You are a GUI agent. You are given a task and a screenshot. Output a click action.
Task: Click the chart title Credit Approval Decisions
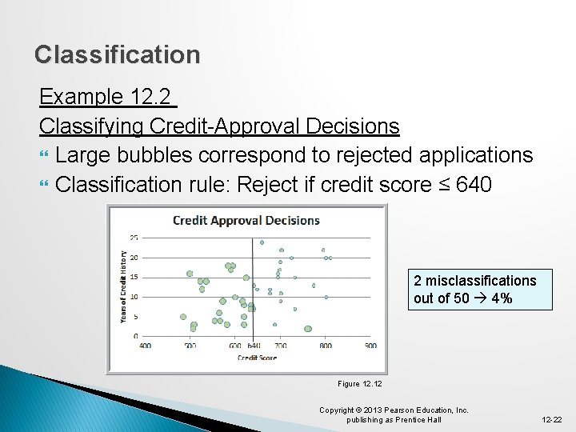pyautogui.click(x=246, y=221)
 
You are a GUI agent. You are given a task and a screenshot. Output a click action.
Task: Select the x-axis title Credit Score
pyautogui.click(x=257, y=358)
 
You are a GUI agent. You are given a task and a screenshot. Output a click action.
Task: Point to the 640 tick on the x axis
pyautogui.click(x=254, y=346)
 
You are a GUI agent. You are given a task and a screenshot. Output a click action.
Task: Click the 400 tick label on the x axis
pyautogui.click(x=145, y=346)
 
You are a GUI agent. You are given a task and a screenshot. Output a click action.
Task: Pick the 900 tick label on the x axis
pyautogui.click(x=370, y=346)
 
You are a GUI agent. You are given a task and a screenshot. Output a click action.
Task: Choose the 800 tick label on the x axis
pyautogui.click(x=326, y=346)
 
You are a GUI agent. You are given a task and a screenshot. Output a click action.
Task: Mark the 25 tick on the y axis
pyautogui.click(x=134, y=238)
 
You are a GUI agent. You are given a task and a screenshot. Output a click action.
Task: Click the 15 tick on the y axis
pyautogui.click(x=134, y=277)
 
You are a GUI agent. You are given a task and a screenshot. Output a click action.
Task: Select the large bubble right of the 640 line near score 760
pyautogui.click(x=308, y=329)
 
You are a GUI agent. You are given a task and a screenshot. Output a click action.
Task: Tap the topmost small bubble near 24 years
pyautogui.click(x=262, y=242)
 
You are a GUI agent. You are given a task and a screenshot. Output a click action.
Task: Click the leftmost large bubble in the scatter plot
pyautogui.click(x=183, y=317)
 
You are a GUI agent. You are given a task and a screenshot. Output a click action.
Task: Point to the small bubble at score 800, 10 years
pyautogui.click(x=326, y=297)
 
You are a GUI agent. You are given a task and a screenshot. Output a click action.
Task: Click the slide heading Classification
pyautogui.click(x=117, y=54)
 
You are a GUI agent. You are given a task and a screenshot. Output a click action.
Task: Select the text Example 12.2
pyautogui.click(x=105, y=98)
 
